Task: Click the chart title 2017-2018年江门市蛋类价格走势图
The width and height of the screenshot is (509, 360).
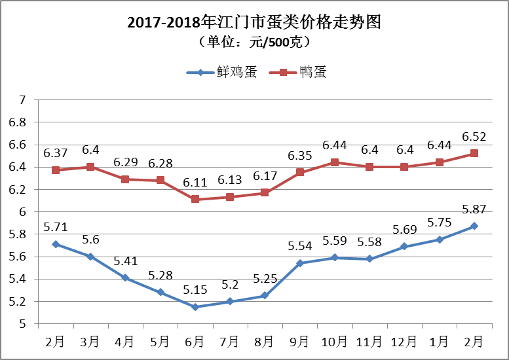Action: pyautogui.click(x=254, y=22)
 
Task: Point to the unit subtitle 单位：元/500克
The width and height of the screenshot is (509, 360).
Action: pyautogui.click(x=254, y=42)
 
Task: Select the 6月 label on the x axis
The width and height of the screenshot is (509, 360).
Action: pyautogui.click(x=195, y=341)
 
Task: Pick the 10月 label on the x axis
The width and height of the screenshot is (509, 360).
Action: pyautogui.click(x=334, y=341)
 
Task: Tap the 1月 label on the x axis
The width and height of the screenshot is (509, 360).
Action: pyautogui.click(x=440, y=341)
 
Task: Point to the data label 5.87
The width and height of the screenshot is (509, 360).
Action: pyautogui.click(x=474, y=211)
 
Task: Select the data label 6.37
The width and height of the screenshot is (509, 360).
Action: pyautogui.click(x=56, y=153)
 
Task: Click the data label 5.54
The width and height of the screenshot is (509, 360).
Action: pyautogui.click(x=300, y=247)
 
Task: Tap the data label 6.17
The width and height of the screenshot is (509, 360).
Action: pyautogui.click(x=265, y=177)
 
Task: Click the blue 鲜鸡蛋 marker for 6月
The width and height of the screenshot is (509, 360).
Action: pyautogui.click(x=195, y=307)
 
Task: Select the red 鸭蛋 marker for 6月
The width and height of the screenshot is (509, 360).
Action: pyautogui.click(x=195, y=199)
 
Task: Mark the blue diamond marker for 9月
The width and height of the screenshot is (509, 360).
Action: pyautogui.click(x=300, y=263)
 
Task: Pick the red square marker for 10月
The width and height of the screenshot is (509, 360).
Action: pyautogui.click(x=335, y=162)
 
